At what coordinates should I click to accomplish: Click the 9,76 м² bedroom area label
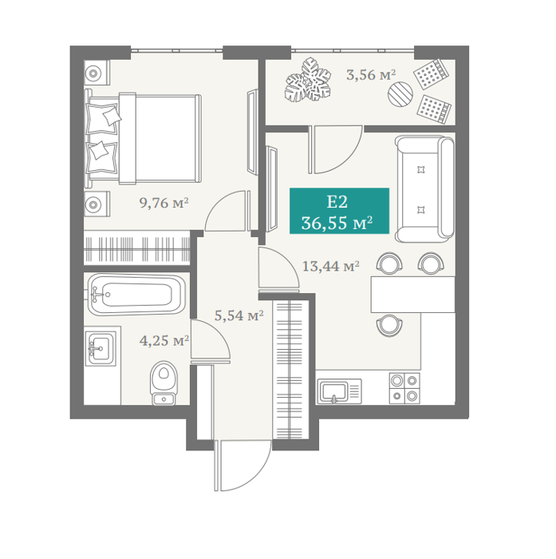click(x=164, y=203)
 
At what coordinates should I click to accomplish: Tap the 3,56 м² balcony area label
click(x=371, y=75)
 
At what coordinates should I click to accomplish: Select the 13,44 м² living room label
click(x=330, y=266)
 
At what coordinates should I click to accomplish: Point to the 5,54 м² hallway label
click(x=239, y=315)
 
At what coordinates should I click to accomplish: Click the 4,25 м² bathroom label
click(x=164, y=341)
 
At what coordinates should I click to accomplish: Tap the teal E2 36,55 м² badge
click(x=339, y=211)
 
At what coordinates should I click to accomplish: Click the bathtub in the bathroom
click(x=136, y=295)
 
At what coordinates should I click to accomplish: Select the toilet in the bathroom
click(x=164, y=383)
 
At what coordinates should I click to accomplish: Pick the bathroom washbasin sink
click(x=101, y=347)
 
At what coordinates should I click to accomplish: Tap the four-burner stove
click(x=404, y=389)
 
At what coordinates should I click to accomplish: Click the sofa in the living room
click(x=424, y=189)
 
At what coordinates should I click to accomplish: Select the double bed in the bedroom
click(x=143, y=139)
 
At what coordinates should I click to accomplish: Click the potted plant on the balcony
click(x=308, y=80)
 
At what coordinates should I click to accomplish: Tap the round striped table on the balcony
click(x=400, y=93)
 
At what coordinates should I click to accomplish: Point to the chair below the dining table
click(x=389, y=325)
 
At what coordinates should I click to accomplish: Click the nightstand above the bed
click(x=97, y=73)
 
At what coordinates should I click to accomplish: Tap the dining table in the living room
click(x=413, y=295)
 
